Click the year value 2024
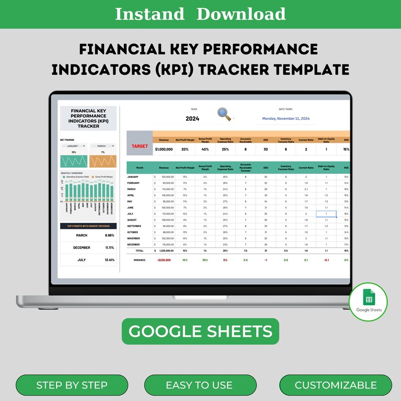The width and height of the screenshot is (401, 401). (192, 119)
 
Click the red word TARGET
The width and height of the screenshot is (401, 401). (140, 146)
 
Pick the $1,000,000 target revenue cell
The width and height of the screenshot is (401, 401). (164, 149)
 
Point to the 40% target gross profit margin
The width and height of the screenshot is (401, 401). (205, 149)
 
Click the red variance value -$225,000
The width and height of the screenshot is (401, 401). (163, 260)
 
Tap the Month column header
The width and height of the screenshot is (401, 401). (139, 168)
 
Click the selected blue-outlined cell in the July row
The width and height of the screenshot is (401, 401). (326, 214)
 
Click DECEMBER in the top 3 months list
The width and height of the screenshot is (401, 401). (81, 248)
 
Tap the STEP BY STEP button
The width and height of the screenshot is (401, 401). (72, 385)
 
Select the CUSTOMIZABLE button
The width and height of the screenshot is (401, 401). (335, 385)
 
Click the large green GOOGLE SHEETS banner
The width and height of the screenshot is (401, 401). (200, 331)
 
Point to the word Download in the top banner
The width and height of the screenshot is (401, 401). (241, 14)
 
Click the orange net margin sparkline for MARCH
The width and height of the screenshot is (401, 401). (103, 161)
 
